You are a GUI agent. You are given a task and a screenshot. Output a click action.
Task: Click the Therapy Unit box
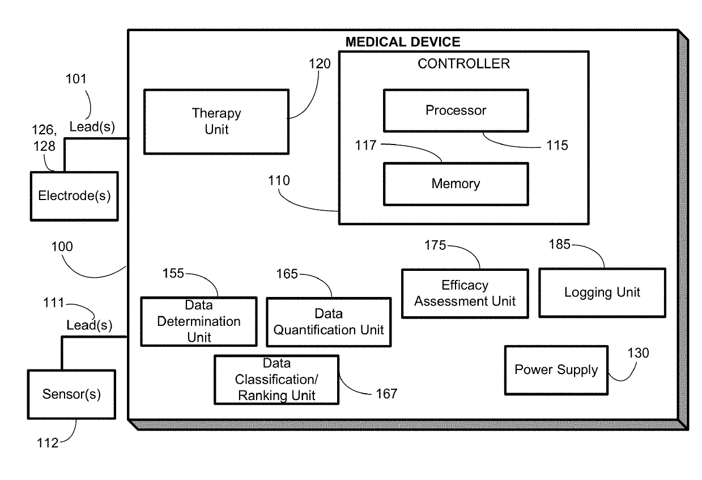[x=216, y=121]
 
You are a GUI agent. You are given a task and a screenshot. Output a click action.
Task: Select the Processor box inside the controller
[x=456, y=110]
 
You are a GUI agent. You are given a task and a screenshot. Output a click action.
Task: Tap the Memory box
[x=456, y=184]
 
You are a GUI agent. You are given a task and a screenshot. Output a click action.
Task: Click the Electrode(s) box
[x=74, y=196]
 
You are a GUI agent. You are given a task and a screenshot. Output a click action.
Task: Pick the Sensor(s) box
[x=71, y=394]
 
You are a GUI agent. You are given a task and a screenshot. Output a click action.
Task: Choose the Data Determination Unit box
[x=198, y=321]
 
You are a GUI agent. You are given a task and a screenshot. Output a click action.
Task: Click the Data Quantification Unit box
[x=329, y=322]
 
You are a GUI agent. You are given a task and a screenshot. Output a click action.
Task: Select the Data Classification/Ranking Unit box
[x=276, y=379]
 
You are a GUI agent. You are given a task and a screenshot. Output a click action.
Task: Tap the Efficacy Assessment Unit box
[x=465, y=293]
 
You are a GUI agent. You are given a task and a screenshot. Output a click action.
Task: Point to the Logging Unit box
[x=602, y=292]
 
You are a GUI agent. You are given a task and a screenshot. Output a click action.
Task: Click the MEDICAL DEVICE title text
[x=403, y=41]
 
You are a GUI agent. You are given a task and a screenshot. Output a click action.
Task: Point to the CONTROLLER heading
[x=463, y=63]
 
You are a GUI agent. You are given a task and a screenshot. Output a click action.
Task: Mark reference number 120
[x=320, y=63]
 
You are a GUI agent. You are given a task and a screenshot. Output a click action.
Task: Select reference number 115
[x=557, y=146]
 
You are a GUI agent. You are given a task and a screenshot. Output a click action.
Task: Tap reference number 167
[x=386, y=393]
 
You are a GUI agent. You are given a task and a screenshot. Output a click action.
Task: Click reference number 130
[x=638, y=353]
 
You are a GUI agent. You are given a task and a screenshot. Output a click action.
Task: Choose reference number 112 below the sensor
[x=47, y=443]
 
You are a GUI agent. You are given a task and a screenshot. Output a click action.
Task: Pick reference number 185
[x=560, y=245]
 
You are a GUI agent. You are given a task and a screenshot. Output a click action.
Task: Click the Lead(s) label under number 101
[x=92, y=128]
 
